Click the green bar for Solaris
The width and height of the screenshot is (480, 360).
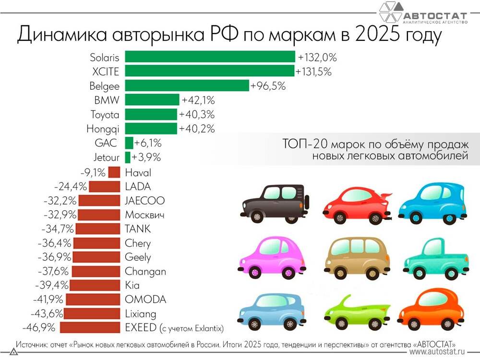tap(210, 57)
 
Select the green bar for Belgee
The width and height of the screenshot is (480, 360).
tap(187, 86)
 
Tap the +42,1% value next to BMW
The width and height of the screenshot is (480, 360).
tap(198, 100)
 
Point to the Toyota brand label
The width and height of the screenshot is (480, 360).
tap(105, 115)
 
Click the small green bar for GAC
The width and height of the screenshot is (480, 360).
tap(129, 143)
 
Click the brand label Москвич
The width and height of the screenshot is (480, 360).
tap(144, 215)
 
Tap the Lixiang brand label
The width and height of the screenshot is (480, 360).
tap(140, 314)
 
